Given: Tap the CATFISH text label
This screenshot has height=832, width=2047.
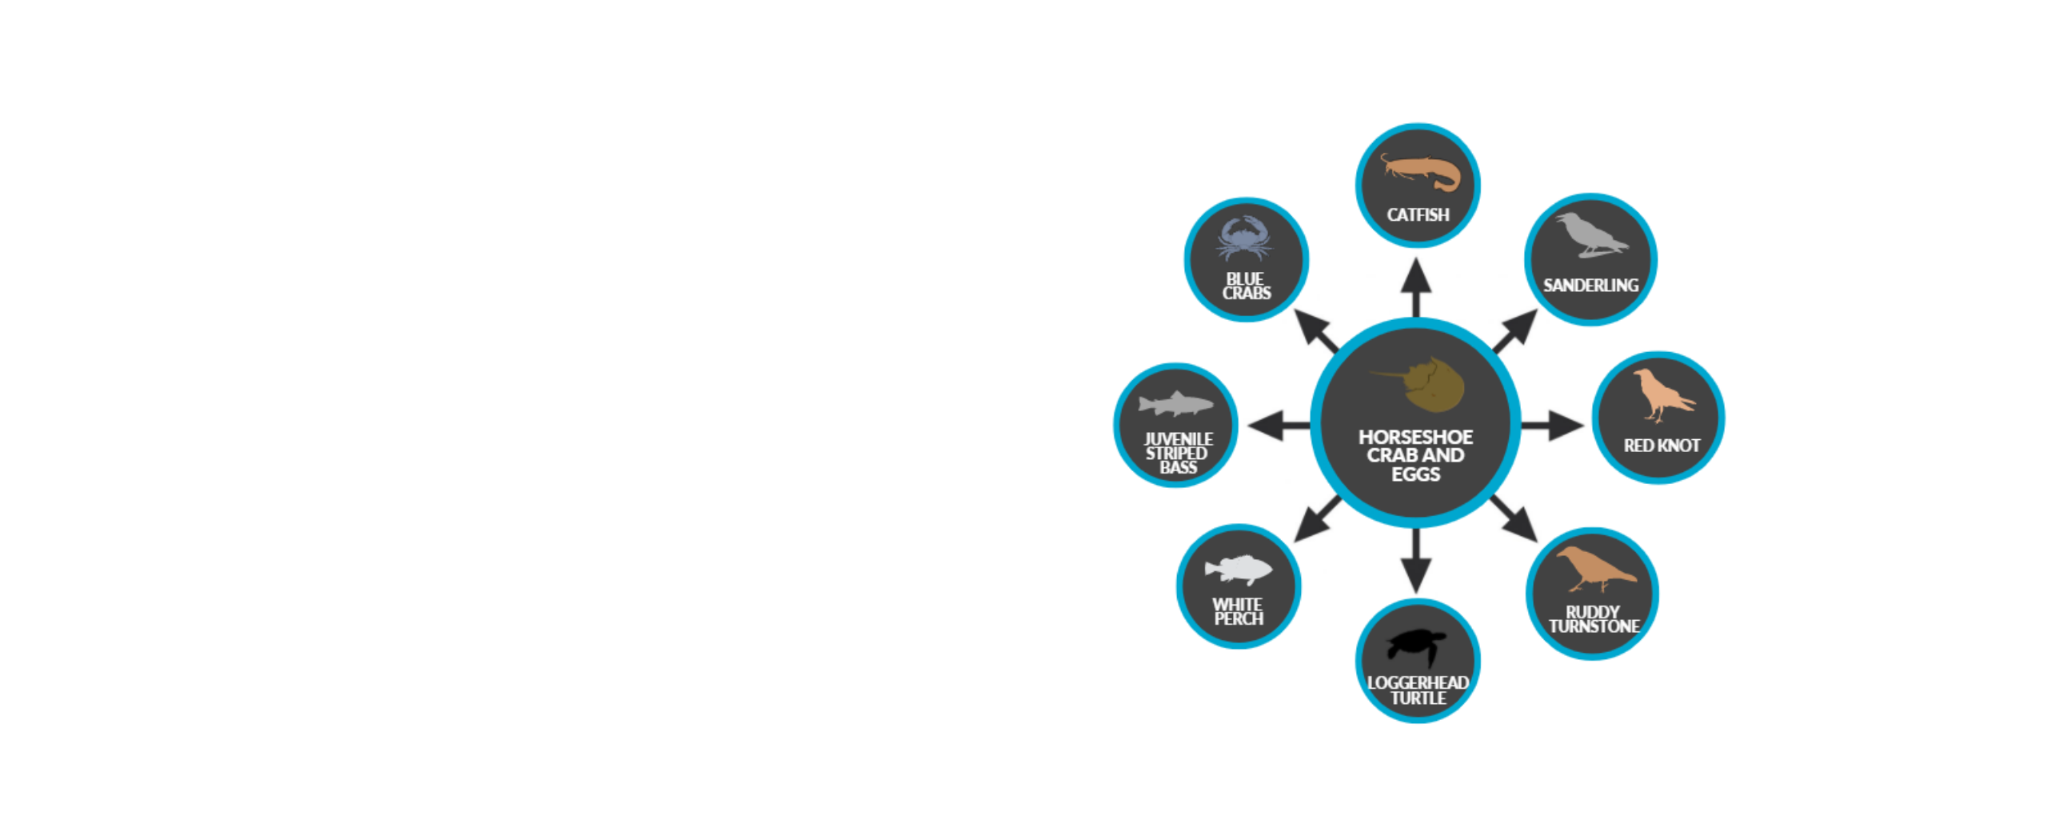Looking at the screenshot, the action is click(1418, 214).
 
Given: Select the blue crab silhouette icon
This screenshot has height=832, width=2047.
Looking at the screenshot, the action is click(1244, 238).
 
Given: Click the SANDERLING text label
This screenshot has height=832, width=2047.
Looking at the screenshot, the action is click(1590, 285).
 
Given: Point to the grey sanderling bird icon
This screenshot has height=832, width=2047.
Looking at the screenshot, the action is click(1590, 235).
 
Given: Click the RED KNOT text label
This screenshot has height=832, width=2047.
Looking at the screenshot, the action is click(1662, 445).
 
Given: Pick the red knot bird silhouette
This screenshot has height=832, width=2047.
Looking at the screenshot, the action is click(1662, 394).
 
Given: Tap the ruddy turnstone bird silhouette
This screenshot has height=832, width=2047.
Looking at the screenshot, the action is click(1595, 569).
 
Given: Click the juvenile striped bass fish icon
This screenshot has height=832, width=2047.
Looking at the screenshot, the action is click(1175, 404).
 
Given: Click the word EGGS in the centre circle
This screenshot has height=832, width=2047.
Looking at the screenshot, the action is click(1415, 474).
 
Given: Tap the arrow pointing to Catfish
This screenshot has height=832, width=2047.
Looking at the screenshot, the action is click(1415, 287).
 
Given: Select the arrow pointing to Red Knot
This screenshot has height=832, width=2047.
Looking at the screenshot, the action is click(1552, 425).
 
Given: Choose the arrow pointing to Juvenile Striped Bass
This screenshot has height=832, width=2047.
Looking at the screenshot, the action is click(1278, 425).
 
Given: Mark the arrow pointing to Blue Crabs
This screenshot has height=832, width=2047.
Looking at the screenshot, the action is click(1316, 330).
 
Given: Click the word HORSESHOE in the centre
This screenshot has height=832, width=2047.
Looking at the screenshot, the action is click(1415, 437).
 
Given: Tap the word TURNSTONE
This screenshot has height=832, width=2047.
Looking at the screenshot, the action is click(1594, 626).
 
